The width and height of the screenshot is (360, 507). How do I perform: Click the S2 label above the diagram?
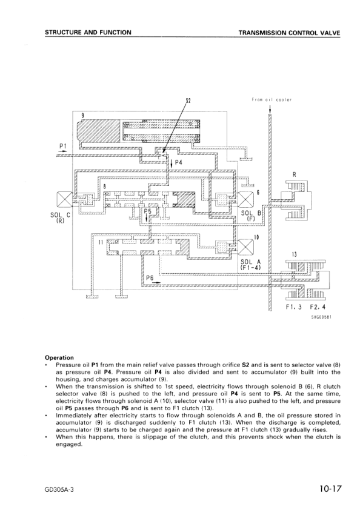188,102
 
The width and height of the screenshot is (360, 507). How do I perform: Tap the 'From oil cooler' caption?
272,100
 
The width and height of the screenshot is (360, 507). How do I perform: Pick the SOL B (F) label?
250,216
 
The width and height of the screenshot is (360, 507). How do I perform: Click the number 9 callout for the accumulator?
83,115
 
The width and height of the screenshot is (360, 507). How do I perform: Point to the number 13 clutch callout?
294,254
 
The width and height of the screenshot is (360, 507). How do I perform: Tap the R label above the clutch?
294,175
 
